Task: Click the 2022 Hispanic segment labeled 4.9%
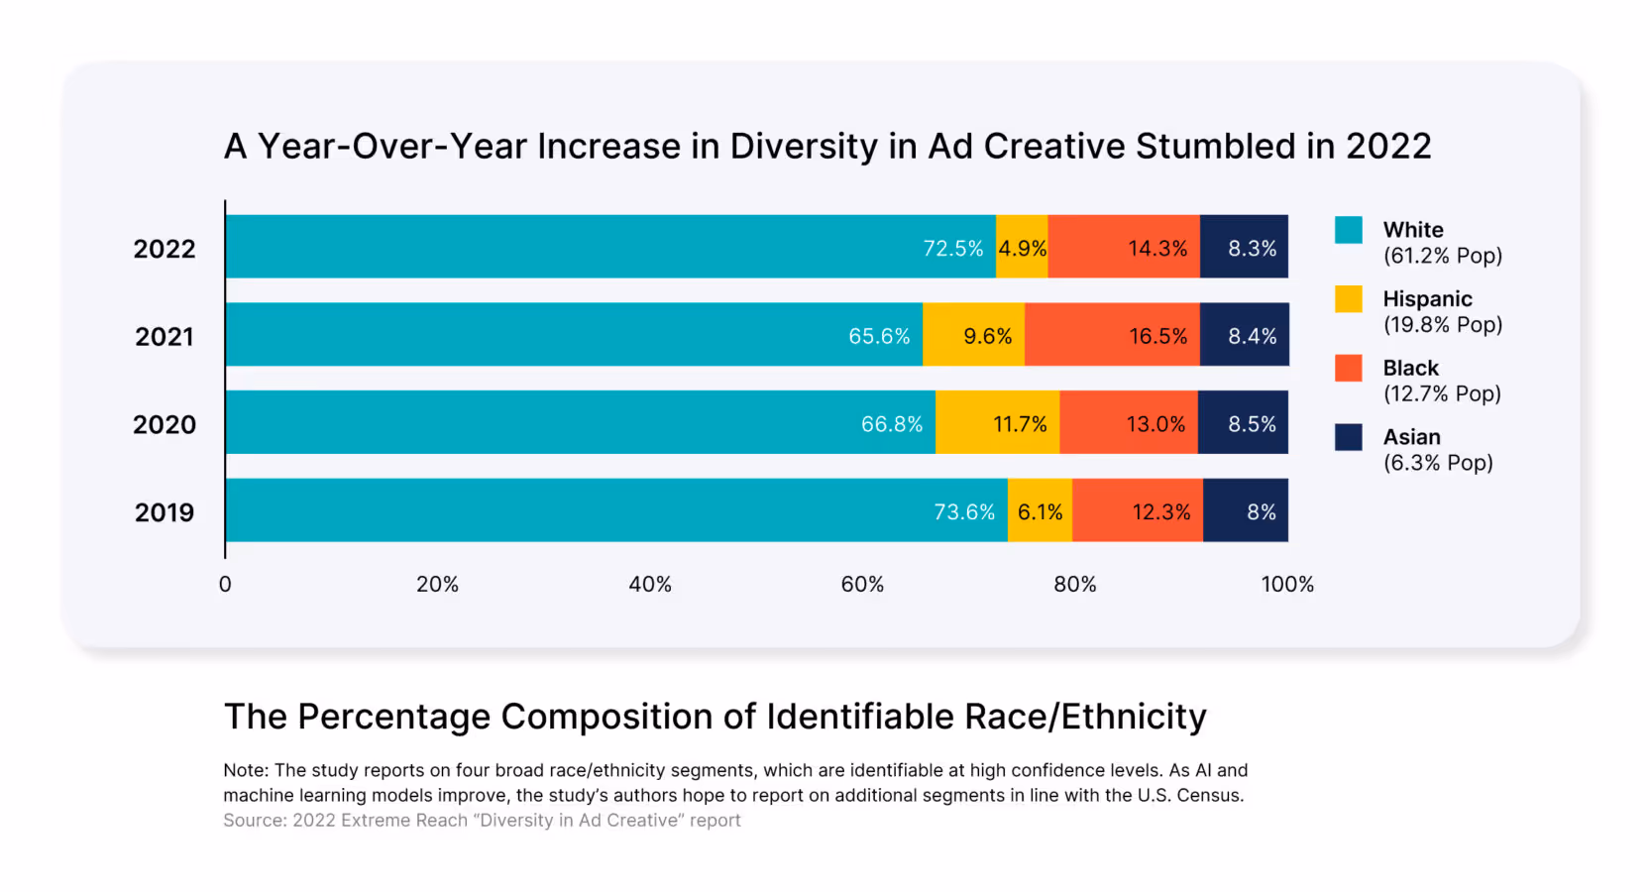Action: coord(1022,247)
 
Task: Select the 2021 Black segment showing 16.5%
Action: coord(1112,335)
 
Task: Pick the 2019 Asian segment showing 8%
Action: coord(1246,510)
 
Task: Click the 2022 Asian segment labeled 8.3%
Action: coord(1244,247)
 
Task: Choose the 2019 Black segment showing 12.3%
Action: coord(1138,510)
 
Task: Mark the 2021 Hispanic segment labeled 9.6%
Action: coord(973,335)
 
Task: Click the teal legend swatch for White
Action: coord(1348,230)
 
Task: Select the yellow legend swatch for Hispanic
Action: coord(1348,299)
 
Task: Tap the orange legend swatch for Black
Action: coord(1348,368)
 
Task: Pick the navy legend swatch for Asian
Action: coord(1348,437)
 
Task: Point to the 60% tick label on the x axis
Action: coord(862,585)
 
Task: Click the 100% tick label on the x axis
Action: coord(1287,585)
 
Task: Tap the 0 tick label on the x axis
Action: coord(225,585)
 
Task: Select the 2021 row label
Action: coord(165,337)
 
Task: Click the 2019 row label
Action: coord(165,512)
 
